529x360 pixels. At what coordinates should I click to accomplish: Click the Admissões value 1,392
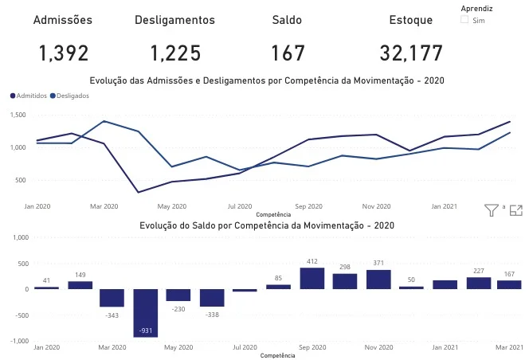click(63, 53)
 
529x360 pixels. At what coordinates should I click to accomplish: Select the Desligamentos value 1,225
click(174, 53)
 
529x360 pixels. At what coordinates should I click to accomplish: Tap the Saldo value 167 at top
click(288, 53)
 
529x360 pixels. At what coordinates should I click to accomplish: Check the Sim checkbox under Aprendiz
click(464, 20)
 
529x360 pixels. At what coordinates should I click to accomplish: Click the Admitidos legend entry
click(29, 96)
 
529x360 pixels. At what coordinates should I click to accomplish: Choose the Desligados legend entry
click(69, 96)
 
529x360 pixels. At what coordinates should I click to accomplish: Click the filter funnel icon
click(492, 210)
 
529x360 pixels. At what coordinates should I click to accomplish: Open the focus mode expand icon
click(515, 210)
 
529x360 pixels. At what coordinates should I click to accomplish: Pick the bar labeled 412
click(312, 278)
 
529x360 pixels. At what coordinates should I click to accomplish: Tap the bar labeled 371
click(379, 279)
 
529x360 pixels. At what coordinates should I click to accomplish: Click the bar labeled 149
click(80, 284)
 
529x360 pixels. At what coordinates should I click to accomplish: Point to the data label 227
click(479, 271)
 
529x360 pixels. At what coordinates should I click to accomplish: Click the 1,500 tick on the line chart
click(18, 115)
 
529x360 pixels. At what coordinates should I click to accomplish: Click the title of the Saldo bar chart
click(267, 225)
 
